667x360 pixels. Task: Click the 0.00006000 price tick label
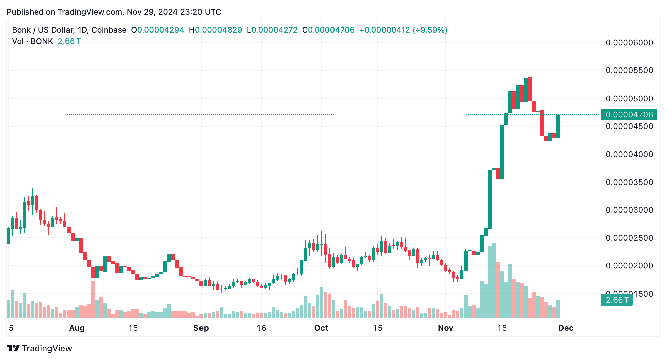pyautogui.click(x=629, y=43)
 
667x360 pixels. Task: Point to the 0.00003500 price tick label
pyautogui.click(x=629, y=182)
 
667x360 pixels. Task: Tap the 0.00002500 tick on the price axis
pyautogui.click(x=629, y=238)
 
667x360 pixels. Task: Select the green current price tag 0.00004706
pyautogui.click(x=629, y=115)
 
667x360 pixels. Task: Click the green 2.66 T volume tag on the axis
pyautogui.click(x=617, y=300)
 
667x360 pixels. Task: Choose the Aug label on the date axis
pyautogui.click(x=77, y=328)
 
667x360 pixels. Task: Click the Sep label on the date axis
pyautogui.click(x=201, y=328)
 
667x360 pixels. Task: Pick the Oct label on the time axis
pyautogui.click(x=321, y=328)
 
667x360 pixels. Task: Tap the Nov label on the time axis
pyautogui.click(x=445, y=328)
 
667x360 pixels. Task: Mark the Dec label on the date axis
pyautogui.click(x=566, y=328)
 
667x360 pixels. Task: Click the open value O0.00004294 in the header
pyautogui.click(x=158, y=30)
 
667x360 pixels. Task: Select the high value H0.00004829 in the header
pyautogui.click(x=216, y=30)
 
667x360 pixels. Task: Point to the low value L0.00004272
pyautogui.click(x=272, y=30)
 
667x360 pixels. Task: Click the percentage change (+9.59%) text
pyautogui.click(x=430, y=30)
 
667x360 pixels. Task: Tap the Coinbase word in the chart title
pyautogui.click(x=109, y=30)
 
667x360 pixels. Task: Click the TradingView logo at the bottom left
pyautogui.click(x=39, y=348)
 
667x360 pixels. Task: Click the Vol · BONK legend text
pyautogui.click(x=33, y=41)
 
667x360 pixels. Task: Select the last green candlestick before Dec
pyautogui.click(x=558, y=126)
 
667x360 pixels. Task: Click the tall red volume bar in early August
pyautogui.click(x=93, y=299)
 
